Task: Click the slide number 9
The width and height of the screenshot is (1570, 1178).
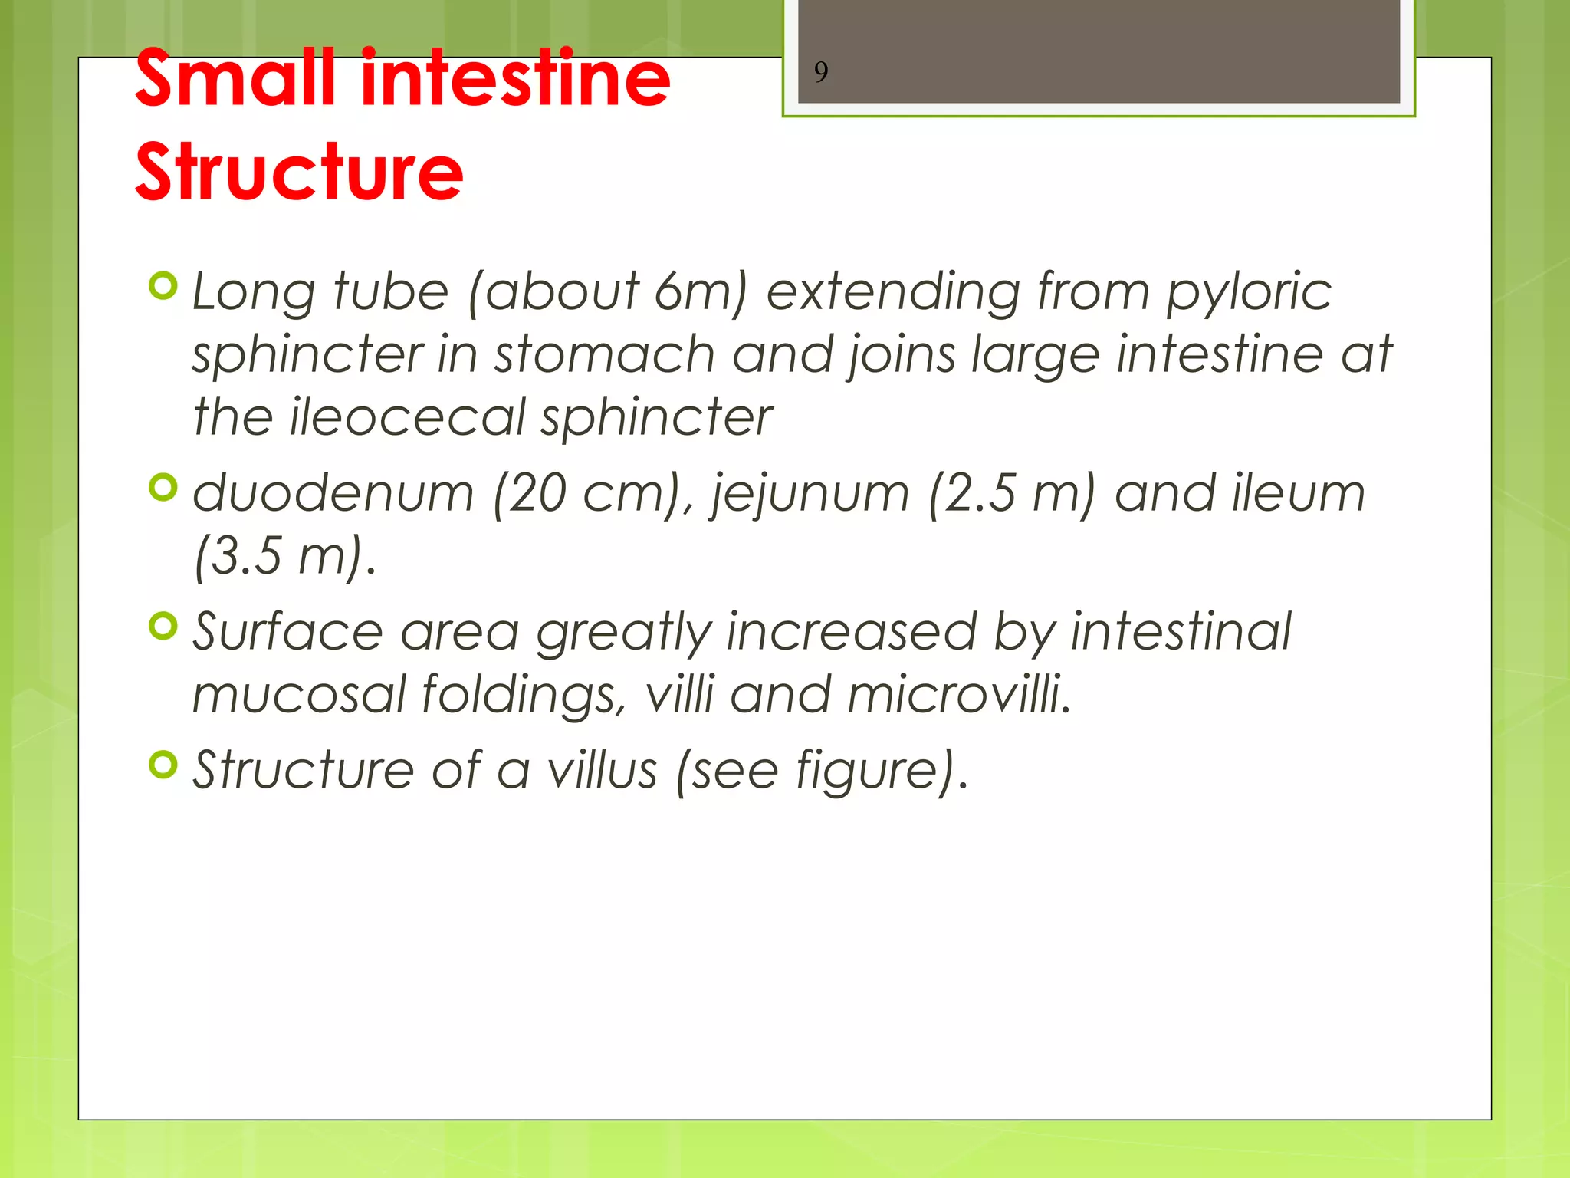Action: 820,72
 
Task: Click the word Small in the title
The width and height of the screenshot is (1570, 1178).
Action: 235,78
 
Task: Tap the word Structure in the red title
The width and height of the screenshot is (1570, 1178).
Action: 299,172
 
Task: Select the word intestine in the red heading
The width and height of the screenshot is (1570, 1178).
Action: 515,78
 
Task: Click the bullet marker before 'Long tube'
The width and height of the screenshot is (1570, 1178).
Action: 163,286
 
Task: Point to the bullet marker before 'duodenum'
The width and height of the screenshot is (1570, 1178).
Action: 163,487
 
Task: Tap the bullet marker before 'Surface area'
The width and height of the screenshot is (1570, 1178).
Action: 163,626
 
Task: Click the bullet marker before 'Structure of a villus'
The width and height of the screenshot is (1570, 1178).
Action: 163,765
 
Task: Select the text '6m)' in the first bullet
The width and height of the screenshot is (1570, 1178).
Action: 700,291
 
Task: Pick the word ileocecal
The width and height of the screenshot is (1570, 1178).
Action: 407,417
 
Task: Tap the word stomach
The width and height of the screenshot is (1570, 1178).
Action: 604,354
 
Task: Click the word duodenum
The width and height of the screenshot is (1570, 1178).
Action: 333,493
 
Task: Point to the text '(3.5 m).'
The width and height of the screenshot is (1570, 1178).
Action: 285,556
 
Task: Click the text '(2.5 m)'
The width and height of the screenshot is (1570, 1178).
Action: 1011,493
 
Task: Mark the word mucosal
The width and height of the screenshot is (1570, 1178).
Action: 298,694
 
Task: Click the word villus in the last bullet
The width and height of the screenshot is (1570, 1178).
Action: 601,770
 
